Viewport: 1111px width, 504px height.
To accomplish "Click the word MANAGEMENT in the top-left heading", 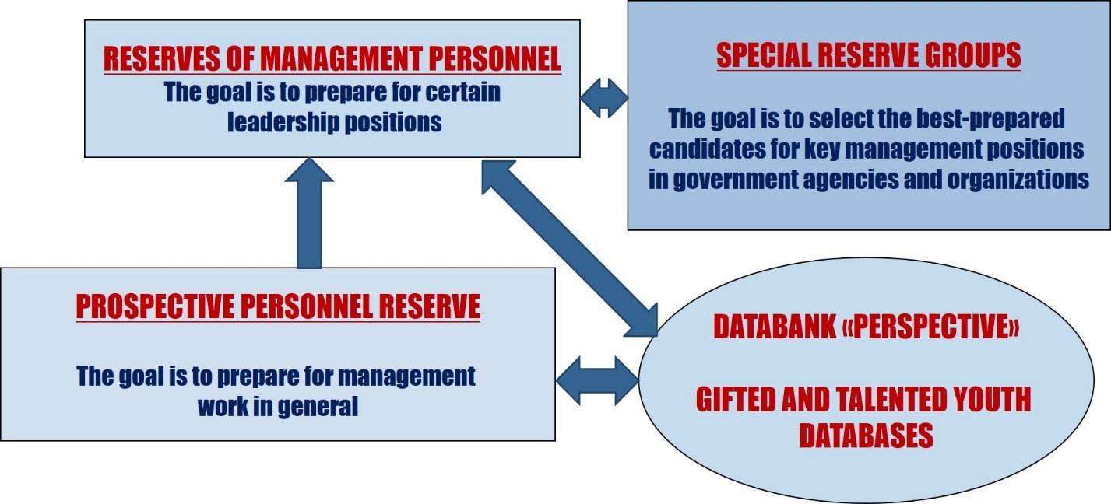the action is [x=341, y=58].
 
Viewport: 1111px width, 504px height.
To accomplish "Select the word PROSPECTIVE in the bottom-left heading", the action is [x=155, y=306].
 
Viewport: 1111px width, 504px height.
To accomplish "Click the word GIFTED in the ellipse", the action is [x=736, y=400].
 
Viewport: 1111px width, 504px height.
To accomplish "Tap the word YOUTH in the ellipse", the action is [x=990, y=400].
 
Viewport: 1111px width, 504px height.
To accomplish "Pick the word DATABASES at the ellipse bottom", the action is [x=866, y=436].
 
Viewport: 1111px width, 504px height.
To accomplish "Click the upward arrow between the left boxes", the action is [x=310, y=214].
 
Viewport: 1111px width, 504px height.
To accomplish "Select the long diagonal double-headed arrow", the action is [x=570, y=248].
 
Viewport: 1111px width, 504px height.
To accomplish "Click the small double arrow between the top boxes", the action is [x=603, y=98].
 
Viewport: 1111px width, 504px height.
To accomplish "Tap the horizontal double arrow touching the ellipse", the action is [x=598, y=380].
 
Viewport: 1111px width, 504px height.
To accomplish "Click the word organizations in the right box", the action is [x=1018, y=179].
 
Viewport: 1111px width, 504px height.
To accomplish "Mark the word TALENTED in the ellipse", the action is [x=862, y=400].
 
